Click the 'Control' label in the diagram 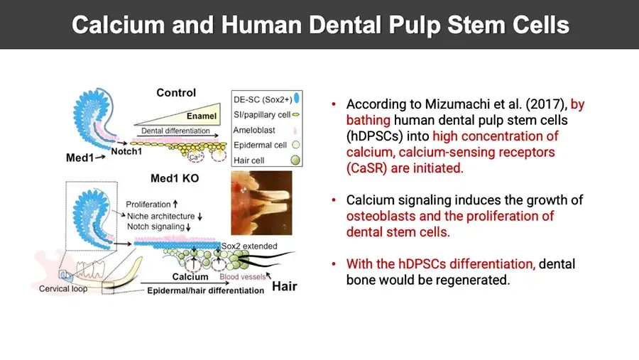tap(176, 92)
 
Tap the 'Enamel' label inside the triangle tap(202, 116)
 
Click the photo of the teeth tap(261, 202)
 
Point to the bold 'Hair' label tap(285, 287)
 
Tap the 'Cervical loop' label tap(62, 289)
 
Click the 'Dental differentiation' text tap(175, 131)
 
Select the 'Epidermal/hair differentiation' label tap(205, 290)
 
